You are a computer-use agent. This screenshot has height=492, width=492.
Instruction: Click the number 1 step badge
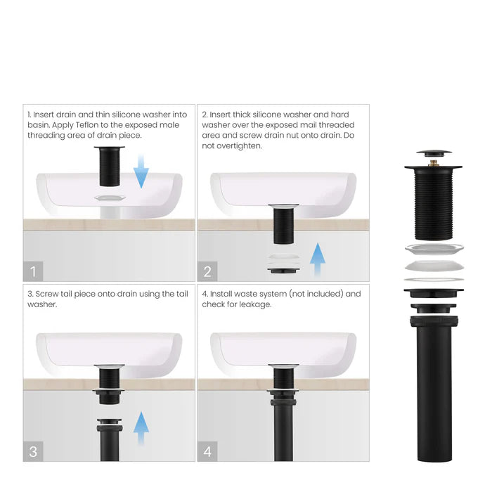(33, 271)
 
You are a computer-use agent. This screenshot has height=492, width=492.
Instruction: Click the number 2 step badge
(207, 271)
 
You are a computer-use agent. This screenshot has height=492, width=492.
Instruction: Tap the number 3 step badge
(33, 451)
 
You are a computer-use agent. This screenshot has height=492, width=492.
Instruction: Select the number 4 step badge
(207, 451)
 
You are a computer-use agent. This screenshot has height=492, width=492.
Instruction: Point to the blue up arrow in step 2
(317, 261)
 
